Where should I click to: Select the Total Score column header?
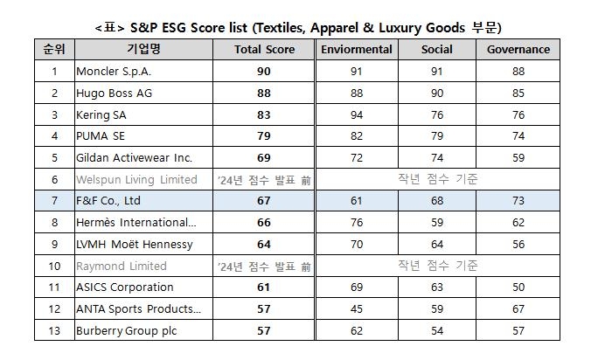point(264,50)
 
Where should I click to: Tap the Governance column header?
point(518,50)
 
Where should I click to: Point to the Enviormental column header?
point(356,50)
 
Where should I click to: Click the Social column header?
point(436,50)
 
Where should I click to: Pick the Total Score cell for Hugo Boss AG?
point(264,93)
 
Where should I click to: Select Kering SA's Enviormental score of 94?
point(356,114)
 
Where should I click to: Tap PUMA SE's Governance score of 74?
point(518,136)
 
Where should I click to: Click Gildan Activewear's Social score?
point(436,158)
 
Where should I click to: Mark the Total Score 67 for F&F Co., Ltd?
point(264,201)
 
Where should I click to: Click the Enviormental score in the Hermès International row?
point(356,223)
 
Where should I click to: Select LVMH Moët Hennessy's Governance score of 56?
point(518,244)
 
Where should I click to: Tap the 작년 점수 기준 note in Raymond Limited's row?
point(436,266)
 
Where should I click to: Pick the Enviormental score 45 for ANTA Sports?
point(356,308)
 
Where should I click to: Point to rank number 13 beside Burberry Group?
point(54,330)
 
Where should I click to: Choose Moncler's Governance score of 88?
point(518,72)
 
